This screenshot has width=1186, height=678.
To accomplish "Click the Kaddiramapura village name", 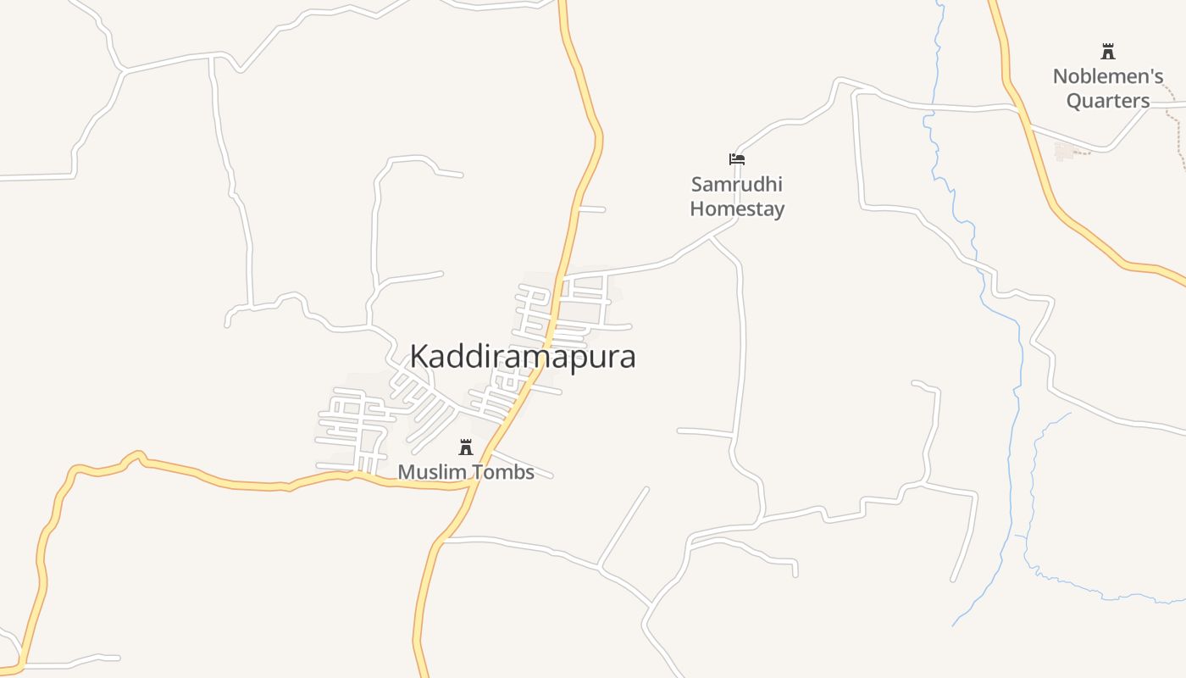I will coord(523,357).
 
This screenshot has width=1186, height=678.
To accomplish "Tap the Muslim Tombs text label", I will coord(466,472).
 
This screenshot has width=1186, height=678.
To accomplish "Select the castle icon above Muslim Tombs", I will coord(466,447).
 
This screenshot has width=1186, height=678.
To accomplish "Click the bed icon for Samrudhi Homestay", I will coord(737,158).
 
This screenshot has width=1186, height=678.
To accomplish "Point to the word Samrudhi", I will coord(736,184).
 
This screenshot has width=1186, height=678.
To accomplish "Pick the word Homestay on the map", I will coord(737,208).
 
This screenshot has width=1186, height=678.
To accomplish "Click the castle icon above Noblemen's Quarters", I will coord(1107,51).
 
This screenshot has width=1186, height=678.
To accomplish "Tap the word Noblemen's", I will coord(1107,76).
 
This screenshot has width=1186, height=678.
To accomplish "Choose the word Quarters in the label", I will coord(1107,101).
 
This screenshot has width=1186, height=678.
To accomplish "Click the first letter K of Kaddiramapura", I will coord(418,357).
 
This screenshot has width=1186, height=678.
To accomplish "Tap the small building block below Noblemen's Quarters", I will coord(1064,151).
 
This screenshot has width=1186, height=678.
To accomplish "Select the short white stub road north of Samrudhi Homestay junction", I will coord(591,208).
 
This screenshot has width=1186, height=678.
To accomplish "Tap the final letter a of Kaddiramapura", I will coord(627,358).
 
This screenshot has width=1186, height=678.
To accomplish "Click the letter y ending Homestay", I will coord(779,211).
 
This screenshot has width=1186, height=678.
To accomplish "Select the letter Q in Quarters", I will coord(1074,101).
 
